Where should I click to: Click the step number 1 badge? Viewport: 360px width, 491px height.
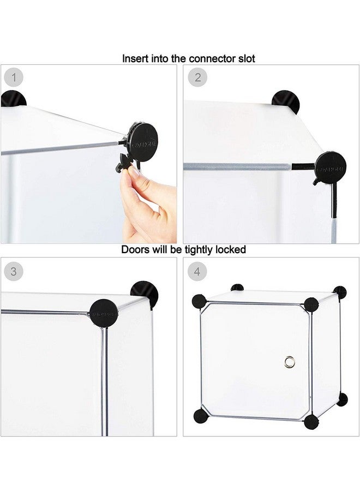tap(14, 77)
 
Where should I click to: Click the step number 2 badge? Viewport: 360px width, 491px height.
tap(197, 77)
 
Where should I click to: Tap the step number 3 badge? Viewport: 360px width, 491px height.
tap(14, 271)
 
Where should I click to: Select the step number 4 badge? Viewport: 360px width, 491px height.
tap(197, 271)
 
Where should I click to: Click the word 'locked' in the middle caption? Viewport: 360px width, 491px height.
tap(231, 249)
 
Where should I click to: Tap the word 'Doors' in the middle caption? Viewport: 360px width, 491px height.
tap(135, 249)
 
